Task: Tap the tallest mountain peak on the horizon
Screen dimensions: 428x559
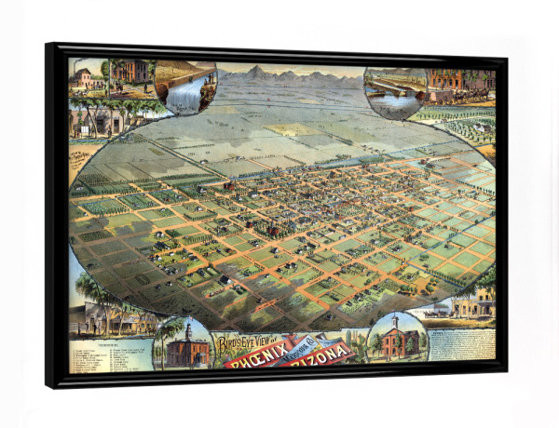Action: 255,71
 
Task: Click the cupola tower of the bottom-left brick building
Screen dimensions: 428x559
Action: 188,330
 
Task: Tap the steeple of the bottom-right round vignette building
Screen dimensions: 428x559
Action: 395,322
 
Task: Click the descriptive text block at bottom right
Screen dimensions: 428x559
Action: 460,344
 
